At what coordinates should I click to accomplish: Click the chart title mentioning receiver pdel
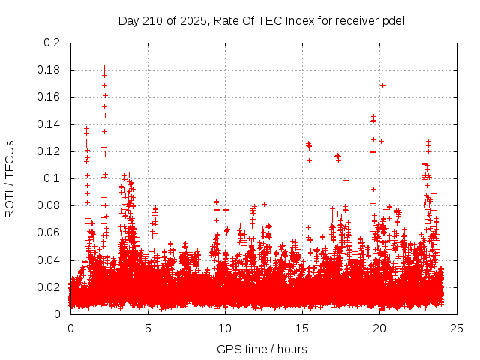261,20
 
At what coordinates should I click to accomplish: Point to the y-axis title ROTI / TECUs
10,178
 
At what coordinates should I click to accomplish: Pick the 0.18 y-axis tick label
49,70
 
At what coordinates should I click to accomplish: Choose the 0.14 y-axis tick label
49,124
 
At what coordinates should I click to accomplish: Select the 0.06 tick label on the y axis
49,232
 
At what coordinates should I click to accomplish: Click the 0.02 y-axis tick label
49,287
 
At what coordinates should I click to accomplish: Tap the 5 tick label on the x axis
148,328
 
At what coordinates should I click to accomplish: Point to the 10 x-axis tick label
225,328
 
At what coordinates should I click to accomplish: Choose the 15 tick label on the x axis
302,328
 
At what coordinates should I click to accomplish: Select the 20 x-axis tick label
379,328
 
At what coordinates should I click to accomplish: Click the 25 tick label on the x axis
457,328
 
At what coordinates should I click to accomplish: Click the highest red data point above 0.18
104,68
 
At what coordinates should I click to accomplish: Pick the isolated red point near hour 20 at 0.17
382,85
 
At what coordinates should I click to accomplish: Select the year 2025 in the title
191,20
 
